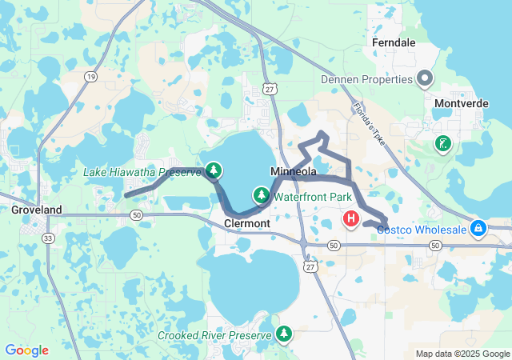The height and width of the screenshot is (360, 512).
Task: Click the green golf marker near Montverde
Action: point(442,144)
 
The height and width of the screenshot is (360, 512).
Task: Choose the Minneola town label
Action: point(294,172)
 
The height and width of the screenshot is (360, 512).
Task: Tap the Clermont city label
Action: point(247,224)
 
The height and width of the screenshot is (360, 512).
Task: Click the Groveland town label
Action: point(36,210)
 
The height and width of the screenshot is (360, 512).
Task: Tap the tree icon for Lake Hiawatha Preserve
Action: point(214,170)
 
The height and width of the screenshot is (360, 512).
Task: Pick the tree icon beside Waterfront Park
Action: point(262,195)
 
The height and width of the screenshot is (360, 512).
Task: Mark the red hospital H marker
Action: point(350,218)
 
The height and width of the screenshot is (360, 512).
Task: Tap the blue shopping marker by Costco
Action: point(478,229)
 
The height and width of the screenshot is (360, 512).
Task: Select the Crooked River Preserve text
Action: point(215,334)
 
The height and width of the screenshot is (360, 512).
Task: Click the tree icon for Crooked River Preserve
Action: point(283,333)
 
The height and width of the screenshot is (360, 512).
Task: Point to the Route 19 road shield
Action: point(90,76)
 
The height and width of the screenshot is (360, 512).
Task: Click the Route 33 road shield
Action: point(49,238)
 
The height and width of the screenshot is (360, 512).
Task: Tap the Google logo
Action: point(26,350)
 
